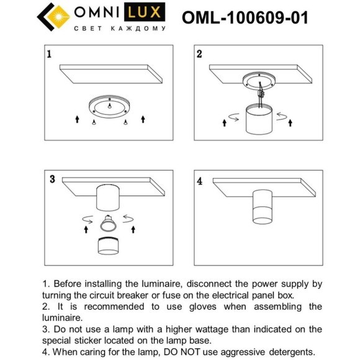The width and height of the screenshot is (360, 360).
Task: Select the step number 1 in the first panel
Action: click(49, 55)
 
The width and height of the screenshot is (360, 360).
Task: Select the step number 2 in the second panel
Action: click(199, 54)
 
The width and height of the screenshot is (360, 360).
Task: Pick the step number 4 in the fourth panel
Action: click(199, 182)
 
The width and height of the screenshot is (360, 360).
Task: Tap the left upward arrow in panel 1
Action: click(77, 119)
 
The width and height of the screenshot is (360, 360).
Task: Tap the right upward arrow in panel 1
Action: click(143, 119)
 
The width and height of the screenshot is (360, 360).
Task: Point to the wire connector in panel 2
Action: click(261, 95)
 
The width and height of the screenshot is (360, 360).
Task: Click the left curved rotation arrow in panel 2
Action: click(233, 117)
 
